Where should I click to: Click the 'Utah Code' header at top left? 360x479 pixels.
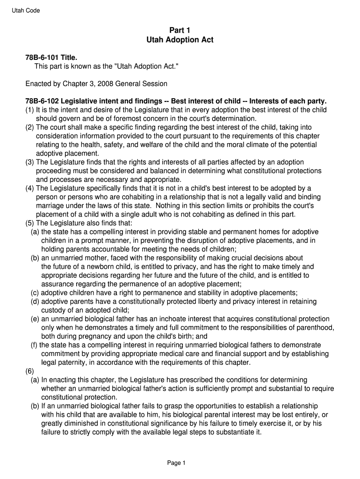coord(26,11)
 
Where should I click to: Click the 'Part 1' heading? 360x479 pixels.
coord(180,30)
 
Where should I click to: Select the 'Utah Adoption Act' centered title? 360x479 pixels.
coord(180,40)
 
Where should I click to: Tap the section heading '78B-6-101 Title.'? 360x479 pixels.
coord(51,58)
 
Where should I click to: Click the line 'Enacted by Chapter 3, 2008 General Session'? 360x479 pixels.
coord(96,84)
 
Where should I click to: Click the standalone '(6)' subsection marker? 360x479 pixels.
coord(29,371)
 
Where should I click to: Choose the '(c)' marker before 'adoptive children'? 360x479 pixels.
coord(35,293)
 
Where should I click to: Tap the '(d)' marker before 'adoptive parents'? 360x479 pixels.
coord(35,302)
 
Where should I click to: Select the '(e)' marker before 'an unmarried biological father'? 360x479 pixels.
coord(35,319)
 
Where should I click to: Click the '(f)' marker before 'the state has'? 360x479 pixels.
coord(34,345)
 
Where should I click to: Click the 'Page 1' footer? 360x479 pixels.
coord(177,463)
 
